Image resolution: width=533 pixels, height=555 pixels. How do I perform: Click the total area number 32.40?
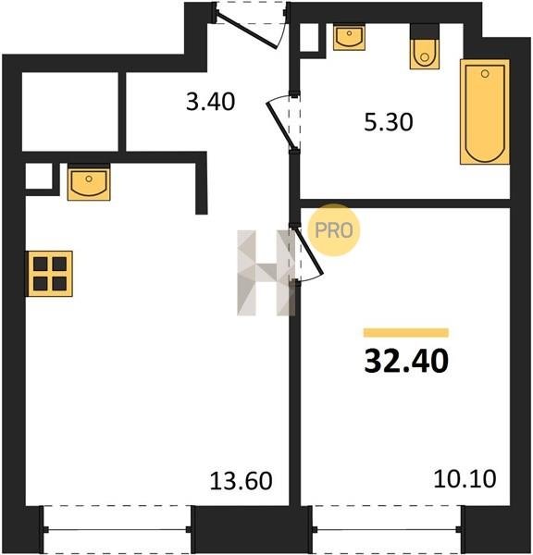tap(406, 361)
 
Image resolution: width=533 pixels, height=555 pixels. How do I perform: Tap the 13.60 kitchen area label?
tap(241, 481)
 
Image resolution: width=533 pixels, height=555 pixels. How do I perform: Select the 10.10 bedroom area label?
tap(465, 478)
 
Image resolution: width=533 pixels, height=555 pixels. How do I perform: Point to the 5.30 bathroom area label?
tap(389, 122)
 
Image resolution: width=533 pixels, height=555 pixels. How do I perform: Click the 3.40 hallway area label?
tap(210, 102)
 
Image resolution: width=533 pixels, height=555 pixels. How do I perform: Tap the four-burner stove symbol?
tap(50, 274)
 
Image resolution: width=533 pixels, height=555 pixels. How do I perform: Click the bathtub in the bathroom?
tap(485, 112)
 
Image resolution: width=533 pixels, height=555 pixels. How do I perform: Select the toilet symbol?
tap(425, 54)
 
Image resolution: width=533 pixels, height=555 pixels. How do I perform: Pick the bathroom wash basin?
tap(349, 38)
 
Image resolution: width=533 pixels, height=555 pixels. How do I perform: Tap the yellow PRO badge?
tap(334, 230)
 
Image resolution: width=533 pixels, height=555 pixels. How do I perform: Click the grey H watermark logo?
tap(266, 273)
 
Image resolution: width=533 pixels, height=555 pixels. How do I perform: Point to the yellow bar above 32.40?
tap(406, 333)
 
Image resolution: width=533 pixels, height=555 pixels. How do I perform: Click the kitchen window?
tap(117, 529)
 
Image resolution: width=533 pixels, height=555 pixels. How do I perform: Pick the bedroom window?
tap(387, 529)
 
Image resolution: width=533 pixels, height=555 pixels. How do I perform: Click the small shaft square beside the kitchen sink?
tap(39, 177)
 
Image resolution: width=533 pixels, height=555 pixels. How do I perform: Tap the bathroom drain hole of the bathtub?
tap(485, 74)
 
